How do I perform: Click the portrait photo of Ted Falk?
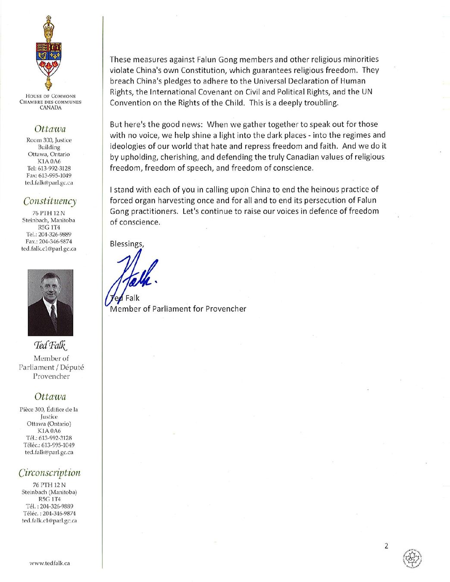click(x=50, y=303)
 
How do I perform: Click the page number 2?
click(x=386, y=546)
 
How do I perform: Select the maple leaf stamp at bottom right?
click(x=412, y=559)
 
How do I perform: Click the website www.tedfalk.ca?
click(x=50, y=563)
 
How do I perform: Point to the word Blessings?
click(x=126, y=244)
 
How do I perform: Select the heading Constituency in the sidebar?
click(x=50, y=201)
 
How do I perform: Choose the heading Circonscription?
click(x=50, y=473)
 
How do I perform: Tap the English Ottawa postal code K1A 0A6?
click(x=49, y=161)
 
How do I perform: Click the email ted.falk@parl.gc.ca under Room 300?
click(x=49, y=183)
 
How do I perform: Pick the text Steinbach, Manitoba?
click(x=49, y=220)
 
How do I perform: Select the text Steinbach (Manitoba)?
click(x=49, y=492)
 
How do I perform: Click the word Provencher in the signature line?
click(x=225, y=309)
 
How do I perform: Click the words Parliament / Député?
click(x=51, y=367)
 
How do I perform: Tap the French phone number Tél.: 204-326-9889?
click(x=49, y=506)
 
